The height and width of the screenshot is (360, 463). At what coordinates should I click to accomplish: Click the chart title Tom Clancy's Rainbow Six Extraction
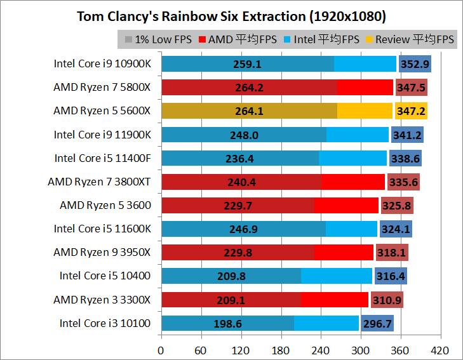pyautogui.click(x=231, y=15)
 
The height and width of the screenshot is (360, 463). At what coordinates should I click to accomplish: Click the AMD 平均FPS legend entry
pyautogui.click(x=238, y=39)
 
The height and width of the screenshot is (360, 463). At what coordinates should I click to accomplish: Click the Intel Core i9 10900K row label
pyautogui.click(x=102, y=63)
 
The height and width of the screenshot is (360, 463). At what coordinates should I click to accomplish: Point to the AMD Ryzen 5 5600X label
pyautogui.click(x=102, y=110)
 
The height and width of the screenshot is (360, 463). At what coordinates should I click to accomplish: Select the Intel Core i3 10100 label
pyautogui.click(x=105, y=323)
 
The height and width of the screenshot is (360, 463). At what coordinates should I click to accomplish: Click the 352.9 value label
pyautogui.click(x=415, y=63)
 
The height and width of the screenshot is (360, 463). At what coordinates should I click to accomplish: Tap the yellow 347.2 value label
pyautogui.click(x=411, y=111)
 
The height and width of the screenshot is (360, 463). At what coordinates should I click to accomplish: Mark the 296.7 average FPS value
pyautogui.click(x=377, y=324)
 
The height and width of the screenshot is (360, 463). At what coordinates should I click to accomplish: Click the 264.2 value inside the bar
pyautogui.click(x=249, y=88)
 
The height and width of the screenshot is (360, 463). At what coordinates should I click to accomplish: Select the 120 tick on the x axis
pyautogui.click(x=241, y=350)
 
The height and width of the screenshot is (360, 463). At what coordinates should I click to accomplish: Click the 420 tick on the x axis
pyautogui.click(x=440, y=350)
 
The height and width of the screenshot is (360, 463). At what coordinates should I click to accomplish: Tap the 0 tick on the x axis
pyautogui.click(x=161, y=350)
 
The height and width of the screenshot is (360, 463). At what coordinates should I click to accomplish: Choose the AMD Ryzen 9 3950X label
pyautogui.click(x=102, y=252)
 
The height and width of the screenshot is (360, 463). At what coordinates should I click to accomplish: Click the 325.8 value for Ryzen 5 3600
pyautogui.click(x=397, y=206)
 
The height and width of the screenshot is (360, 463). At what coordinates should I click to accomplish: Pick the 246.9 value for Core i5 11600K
pyautogui.click(x=243, y=229)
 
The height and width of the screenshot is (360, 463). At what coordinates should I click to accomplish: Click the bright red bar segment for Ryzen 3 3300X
pyautogui.click(x=334, y=300)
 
